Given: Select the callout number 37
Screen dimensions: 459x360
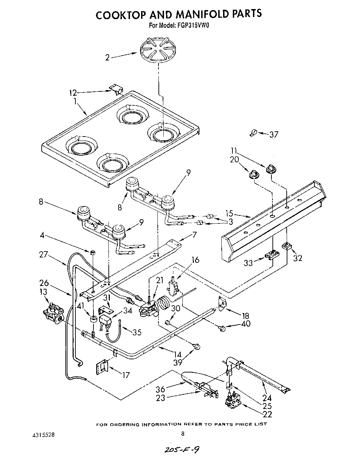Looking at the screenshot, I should [x=274, y=134].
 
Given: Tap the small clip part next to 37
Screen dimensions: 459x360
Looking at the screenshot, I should [x=253, y=132].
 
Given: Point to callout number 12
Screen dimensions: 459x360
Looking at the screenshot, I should [x=73, y=93].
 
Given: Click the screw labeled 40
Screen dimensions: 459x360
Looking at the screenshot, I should [x=221, y=327].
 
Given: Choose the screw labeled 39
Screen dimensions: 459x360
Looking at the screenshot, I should [x=197, y=346].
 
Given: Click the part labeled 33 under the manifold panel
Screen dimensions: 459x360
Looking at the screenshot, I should [x=272, y=255].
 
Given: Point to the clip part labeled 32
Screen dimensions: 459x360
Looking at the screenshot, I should [x=287, y=246].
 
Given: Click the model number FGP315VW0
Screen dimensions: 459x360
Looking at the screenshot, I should [x=192, y=25].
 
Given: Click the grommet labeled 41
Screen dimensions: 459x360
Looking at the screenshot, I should [x=93, y=319].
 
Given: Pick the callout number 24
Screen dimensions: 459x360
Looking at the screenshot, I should [x=267, y=398].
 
